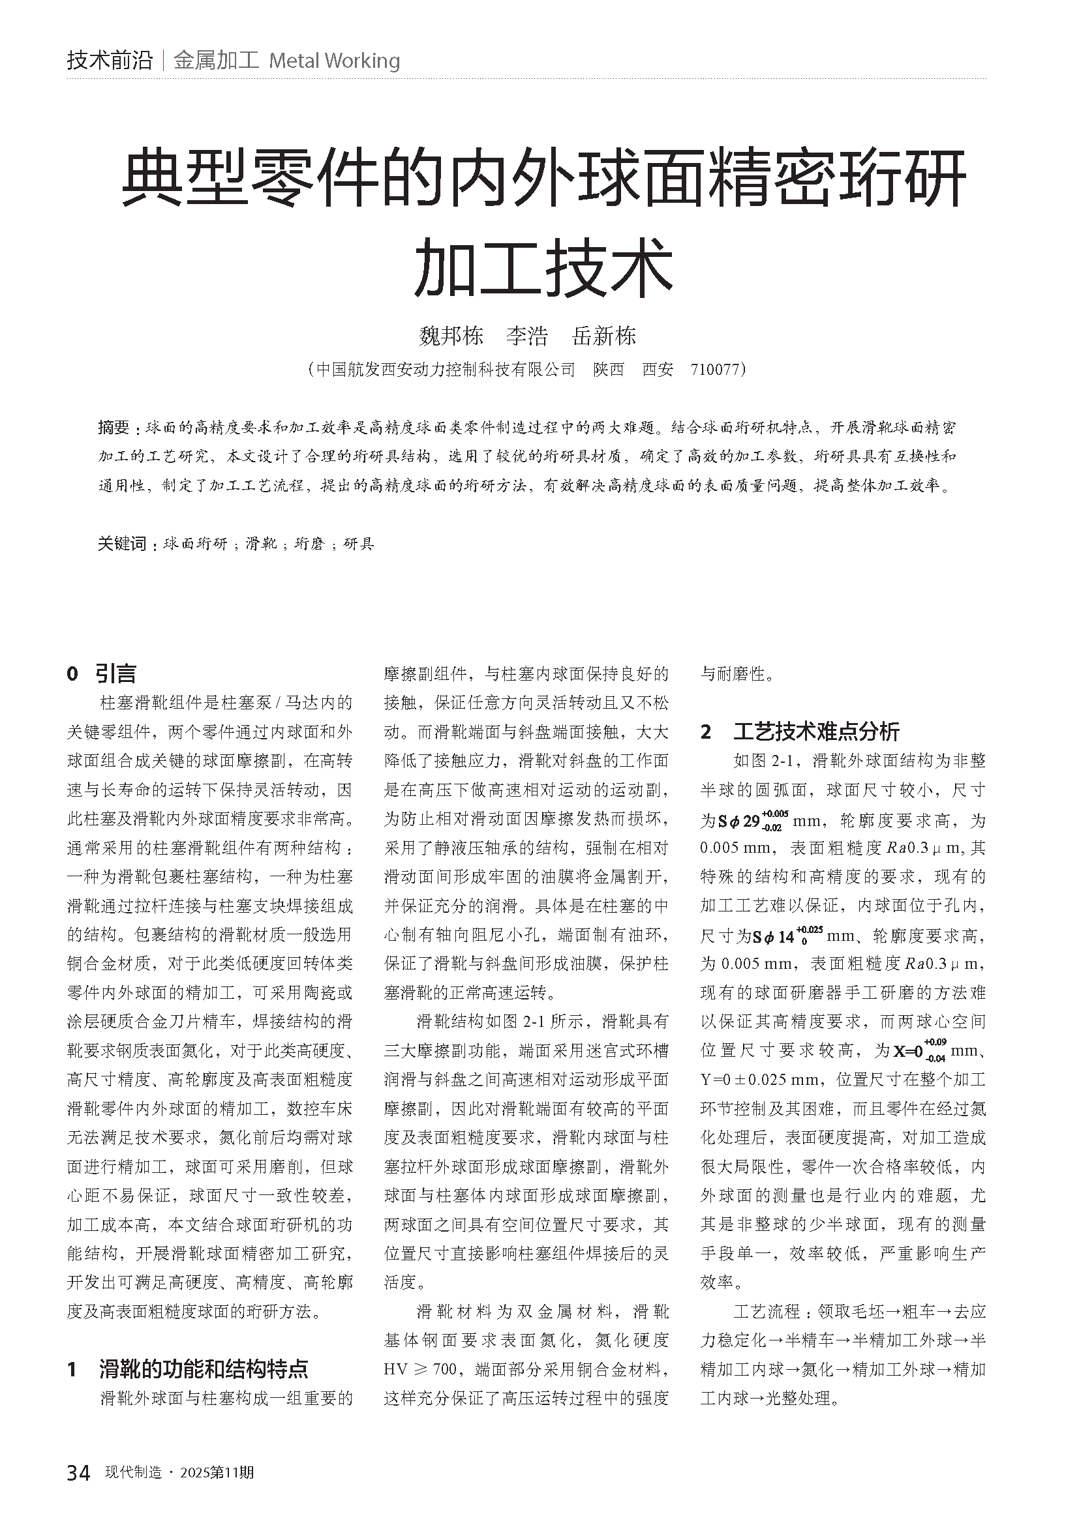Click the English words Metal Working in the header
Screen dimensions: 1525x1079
click(334, 61)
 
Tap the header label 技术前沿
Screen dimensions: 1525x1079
click(110, 61)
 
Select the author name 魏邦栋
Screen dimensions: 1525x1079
click(451, 336)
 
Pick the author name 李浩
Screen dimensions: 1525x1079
click(527, 336)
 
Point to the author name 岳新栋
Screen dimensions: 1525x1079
click(604, 336)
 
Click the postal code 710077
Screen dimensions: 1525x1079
click(715, 369)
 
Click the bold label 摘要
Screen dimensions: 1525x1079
click(114, 428)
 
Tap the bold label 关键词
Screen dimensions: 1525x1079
click(122, 544)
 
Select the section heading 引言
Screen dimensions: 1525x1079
click(115, 674)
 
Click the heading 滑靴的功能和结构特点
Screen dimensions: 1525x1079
click(204, 1369)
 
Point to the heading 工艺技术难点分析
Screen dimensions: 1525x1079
click(816, 732)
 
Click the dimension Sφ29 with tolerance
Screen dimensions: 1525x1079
click(753, 821)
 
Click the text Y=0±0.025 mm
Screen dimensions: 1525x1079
click(763, 1080)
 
